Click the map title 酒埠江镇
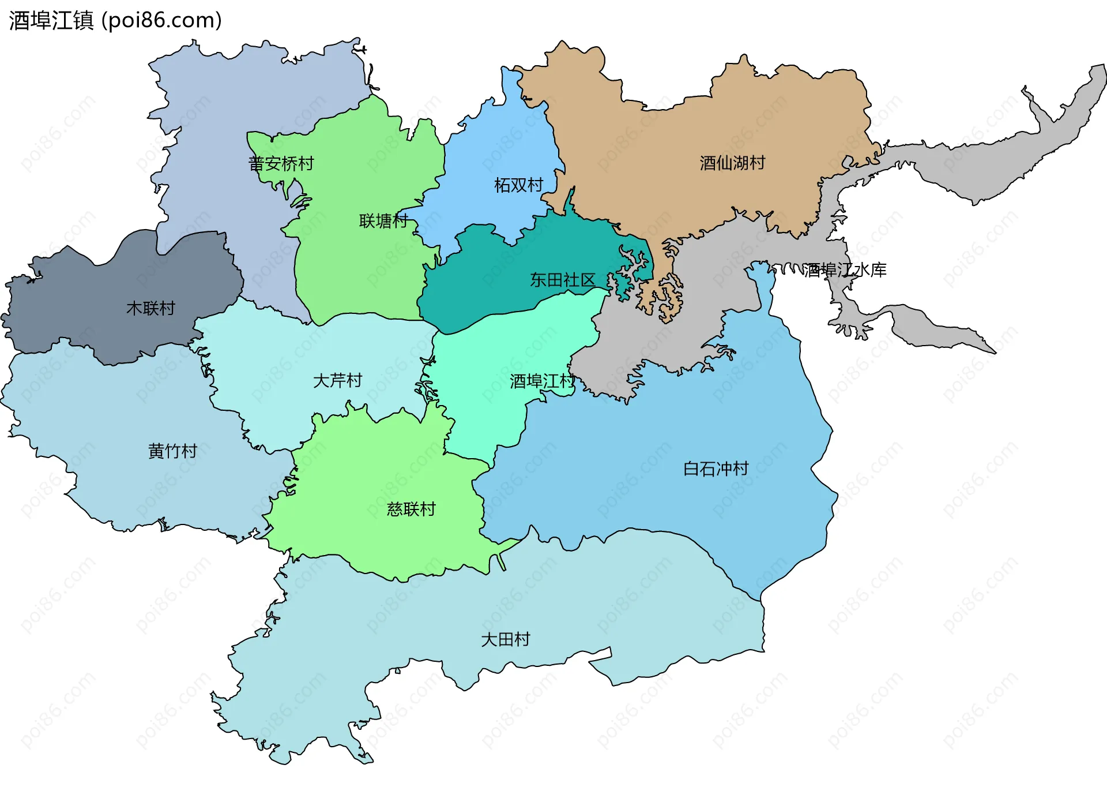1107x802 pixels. pos(51,21)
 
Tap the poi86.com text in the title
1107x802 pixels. pos(161,21)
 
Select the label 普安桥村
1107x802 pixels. pos(281,164)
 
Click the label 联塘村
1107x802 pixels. pos(383,221)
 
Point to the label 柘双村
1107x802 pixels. pos(518,185)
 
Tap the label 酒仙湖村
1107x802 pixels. pos(732,163)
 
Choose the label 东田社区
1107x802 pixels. pos(562,280)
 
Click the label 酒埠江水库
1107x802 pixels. pos(845,270)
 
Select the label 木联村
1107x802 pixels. pos(150,309)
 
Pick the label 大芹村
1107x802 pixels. pos(337,381)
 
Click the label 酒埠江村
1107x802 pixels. pos(542,381)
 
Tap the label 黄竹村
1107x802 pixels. pos(172,451)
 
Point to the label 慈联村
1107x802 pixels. pos(411,509)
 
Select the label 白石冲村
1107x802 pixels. pos(716,469)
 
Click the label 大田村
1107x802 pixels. pos(505,640)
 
